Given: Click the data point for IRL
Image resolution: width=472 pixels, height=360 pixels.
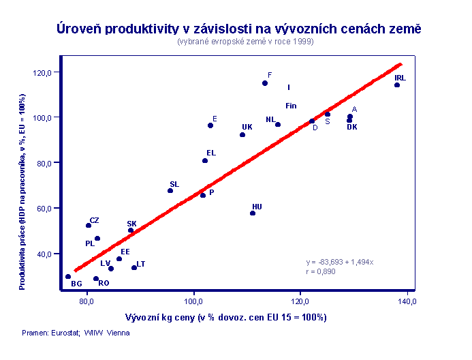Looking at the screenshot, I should pos(397,85).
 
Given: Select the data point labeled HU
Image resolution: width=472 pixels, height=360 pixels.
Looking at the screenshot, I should pos(253,213).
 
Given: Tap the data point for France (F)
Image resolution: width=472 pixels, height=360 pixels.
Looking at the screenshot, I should pos(265,83).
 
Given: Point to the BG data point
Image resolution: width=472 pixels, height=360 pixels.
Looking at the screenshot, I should pos(68,277).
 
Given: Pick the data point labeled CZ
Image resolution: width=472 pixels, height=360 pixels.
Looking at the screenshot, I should pos(89,226).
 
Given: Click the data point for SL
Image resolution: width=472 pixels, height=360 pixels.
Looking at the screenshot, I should pos(170,191).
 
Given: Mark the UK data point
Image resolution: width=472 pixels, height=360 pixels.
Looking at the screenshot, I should pos(242,135).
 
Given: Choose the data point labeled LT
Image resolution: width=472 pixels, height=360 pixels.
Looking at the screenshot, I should pos(134,267).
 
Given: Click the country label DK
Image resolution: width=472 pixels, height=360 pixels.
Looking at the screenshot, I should pos(352,127).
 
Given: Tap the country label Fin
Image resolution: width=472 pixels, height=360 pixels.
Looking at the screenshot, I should pos(291,106).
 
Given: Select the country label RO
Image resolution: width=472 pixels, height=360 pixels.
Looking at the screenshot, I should pos(104,283).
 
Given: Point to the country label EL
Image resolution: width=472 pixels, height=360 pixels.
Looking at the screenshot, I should pos(211,153).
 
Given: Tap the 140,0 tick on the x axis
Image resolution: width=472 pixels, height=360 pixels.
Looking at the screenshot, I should pos(408,301).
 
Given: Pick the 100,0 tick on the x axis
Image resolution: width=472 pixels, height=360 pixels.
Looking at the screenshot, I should pos(195,301).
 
